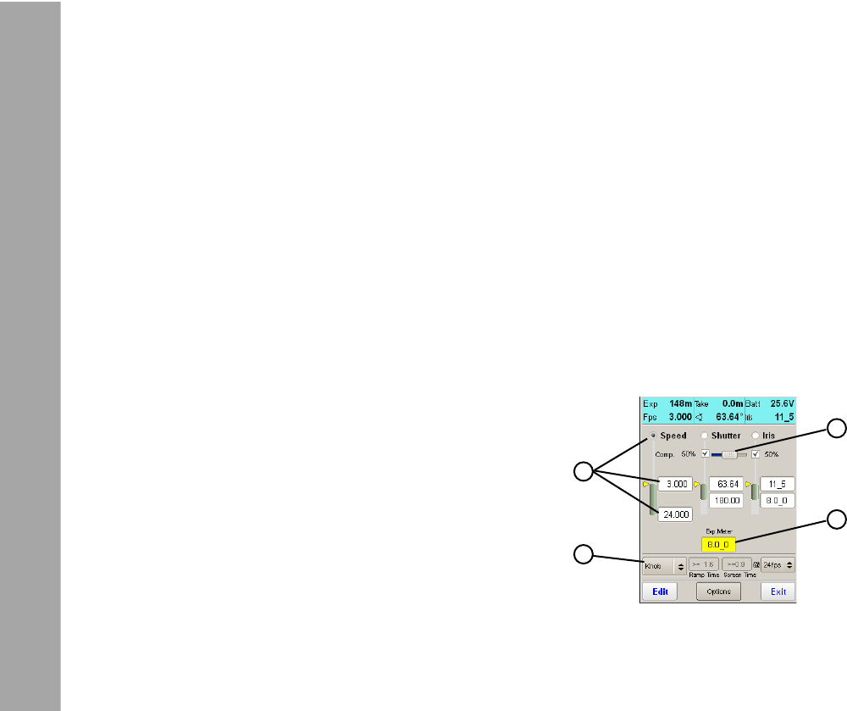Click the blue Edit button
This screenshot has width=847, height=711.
point(659,592)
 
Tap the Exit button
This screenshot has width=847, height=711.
point(778,592)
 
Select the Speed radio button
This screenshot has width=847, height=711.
point(653,436)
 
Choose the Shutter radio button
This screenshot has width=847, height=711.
point(705,436)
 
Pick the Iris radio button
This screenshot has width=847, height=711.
point(756,436)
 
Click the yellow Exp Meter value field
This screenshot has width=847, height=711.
point(718,545)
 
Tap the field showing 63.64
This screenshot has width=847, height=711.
point(726,484)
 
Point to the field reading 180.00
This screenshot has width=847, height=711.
point(726,501)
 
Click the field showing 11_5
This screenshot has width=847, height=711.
point(777,484)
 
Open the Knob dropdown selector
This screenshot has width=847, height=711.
point(664,564)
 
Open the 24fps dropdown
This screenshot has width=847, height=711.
point(778,564)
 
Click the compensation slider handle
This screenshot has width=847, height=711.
point(729,454)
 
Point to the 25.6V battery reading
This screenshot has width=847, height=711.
point(780,404)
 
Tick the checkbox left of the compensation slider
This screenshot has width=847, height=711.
point(705,454)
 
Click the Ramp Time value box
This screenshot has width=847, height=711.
point(704,564)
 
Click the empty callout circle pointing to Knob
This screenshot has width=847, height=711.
point(582,554)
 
